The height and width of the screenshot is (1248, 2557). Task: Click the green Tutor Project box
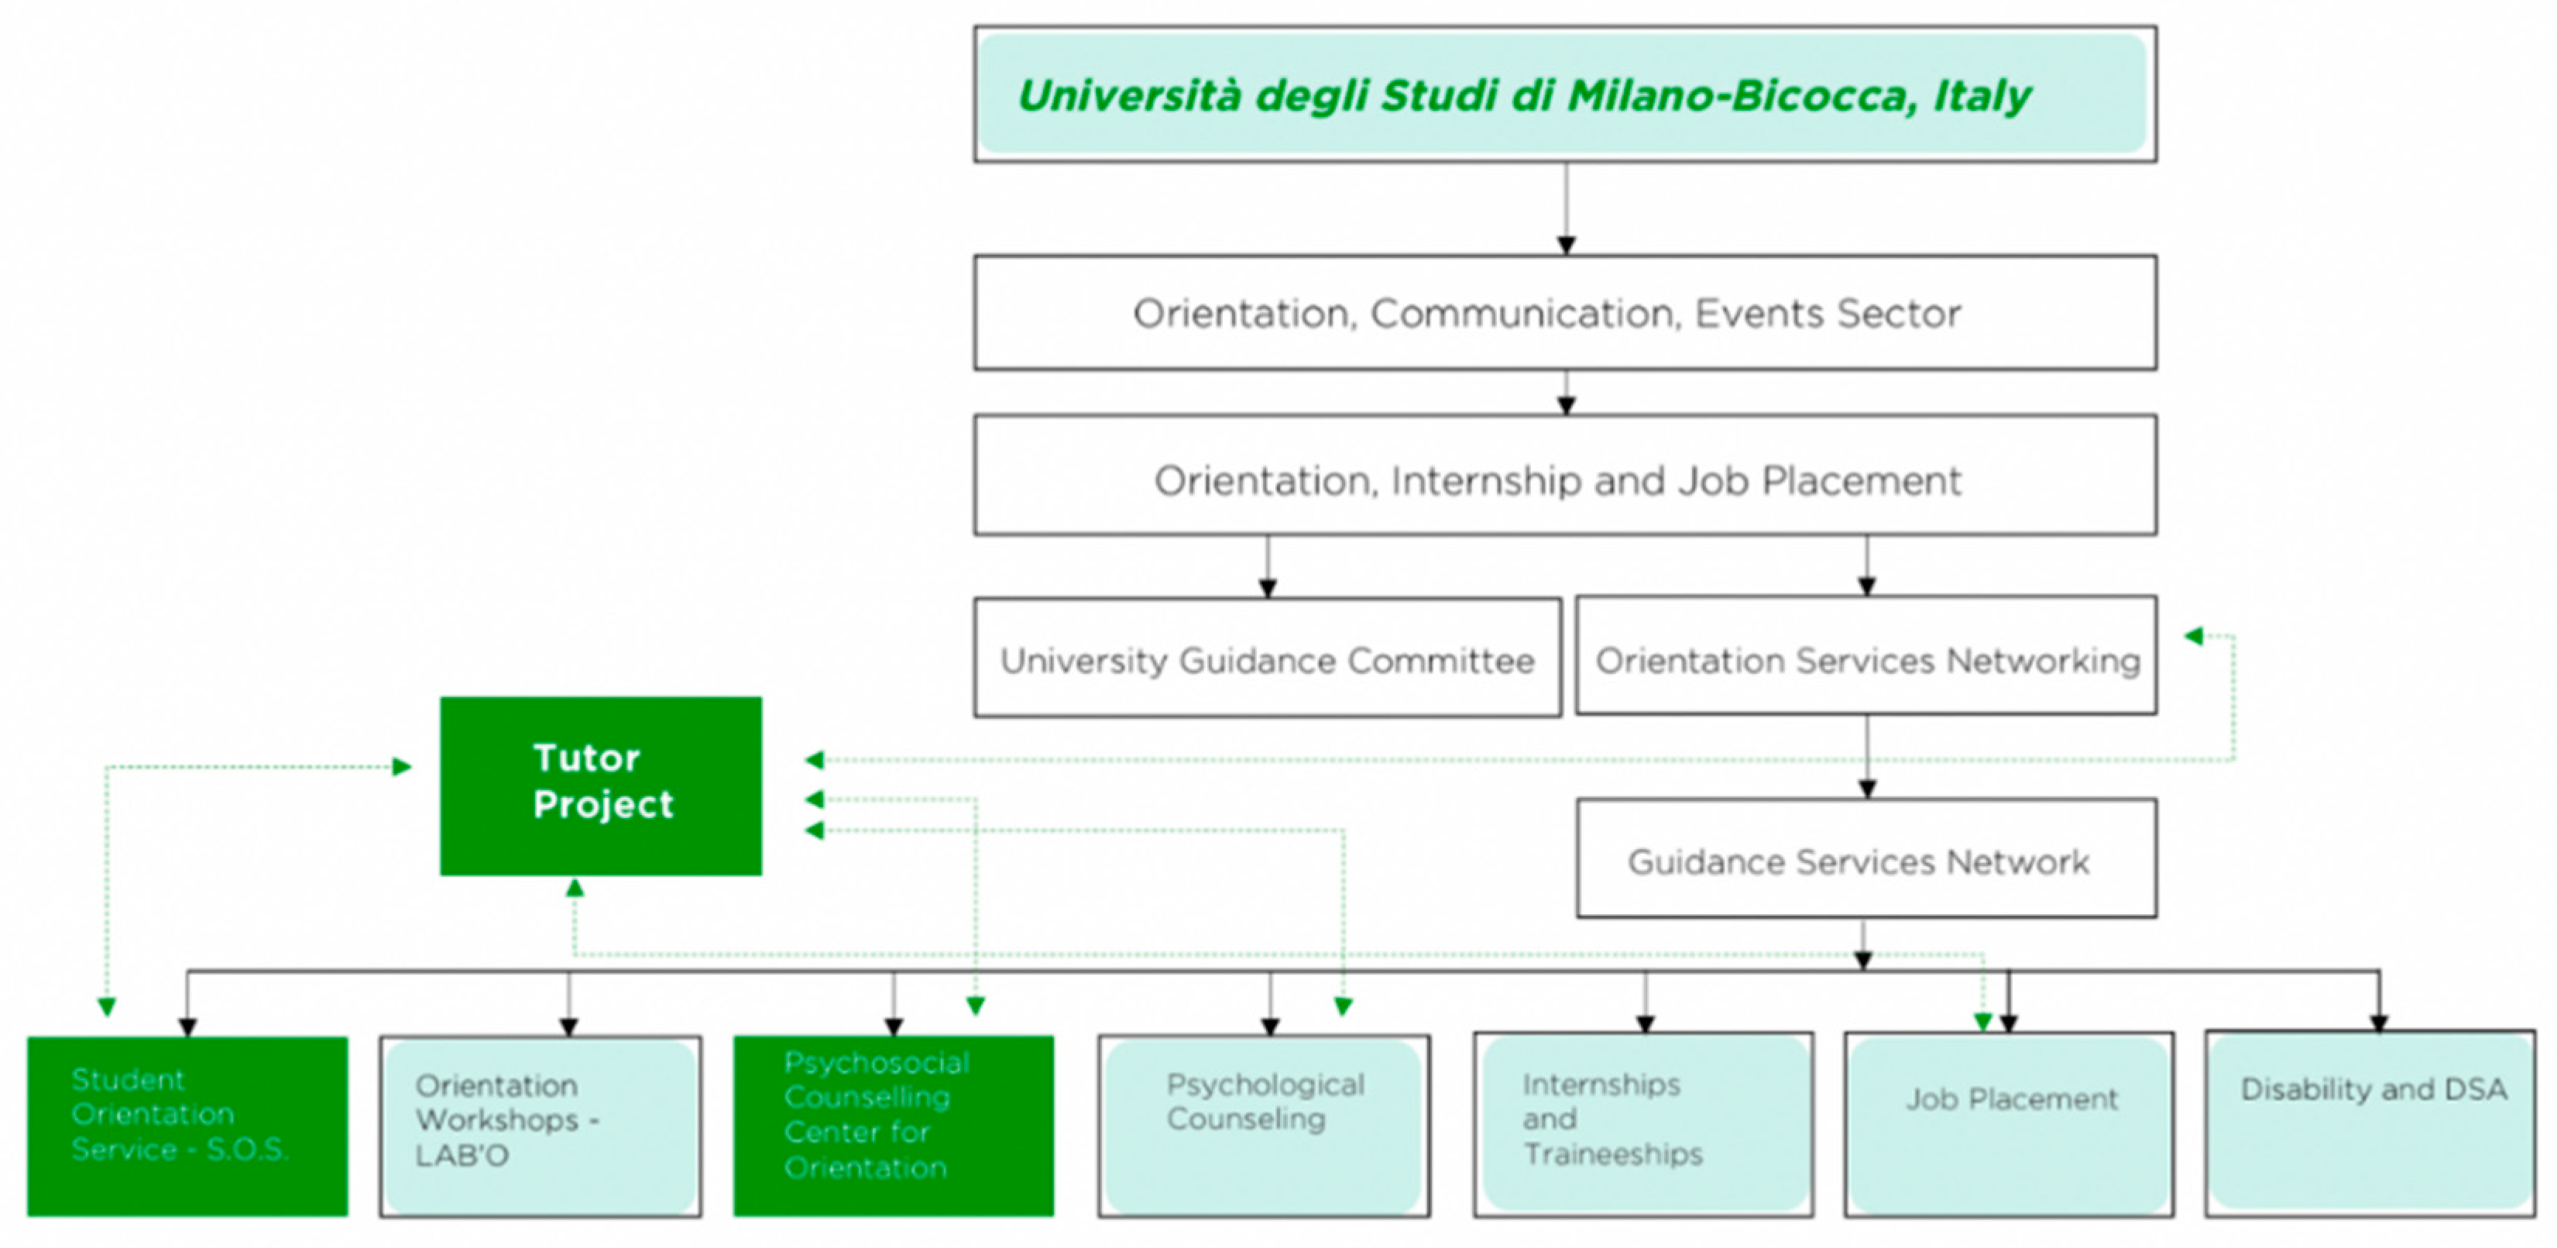tap(601, 786)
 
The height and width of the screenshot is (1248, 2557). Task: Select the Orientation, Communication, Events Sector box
tap(1564, 313)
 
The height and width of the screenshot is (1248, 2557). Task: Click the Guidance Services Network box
tap(1865, 859)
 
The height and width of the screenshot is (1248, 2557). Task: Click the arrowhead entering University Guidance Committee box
tap(1268, 588)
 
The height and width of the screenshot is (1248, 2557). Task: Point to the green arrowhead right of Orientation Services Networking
tap(2194, 635)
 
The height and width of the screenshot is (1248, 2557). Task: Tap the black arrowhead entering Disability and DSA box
tap(2378, 1023)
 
